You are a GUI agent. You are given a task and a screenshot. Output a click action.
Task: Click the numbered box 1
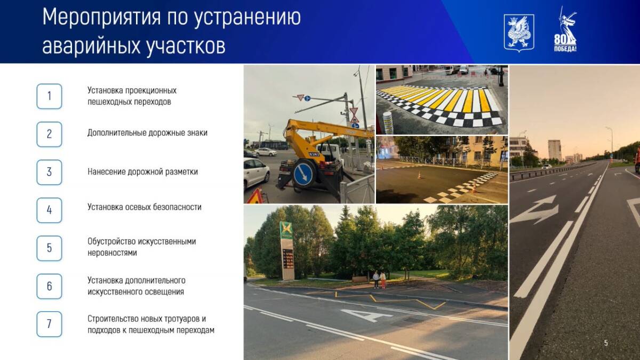pos(49,97)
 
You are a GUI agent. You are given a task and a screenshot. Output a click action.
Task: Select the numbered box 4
pos(49,210)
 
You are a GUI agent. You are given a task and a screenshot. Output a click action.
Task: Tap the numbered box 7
pos(49,324)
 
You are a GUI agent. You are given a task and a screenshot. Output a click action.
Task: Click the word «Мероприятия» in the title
pos(101,18)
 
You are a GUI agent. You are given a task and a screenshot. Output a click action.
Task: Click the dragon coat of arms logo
pos(518,33)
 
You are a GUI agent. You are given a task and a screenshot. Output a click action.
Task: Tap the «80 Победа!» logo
pos(565,29)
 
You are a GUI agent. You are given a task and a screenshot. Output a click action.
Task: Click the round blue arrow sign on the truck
pos(303,174)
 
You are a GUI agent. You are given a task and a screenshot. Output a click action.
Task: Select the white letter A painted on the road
pos(366,315)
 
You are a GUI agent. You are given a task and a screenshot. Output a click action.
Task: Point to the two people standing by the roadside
pos(379,279)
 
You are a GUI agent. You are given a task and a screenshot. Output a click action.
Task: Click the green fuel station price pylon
pos(287,251)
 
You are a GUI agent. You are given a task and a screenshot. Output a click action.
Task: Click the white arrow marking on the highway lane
pos(534,210)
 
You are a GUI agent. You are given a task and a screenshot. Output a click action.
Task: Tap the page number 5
pos(606,343)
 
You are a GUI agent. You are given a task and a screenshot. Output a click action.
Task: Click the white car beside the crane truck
pos(256,174)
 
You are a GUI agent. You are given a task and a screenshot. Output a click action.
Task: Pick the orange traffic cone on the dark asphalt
pos(419,175)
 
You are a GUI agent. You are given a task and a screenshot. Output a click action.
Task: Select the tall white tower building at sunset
pos(554,150)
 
